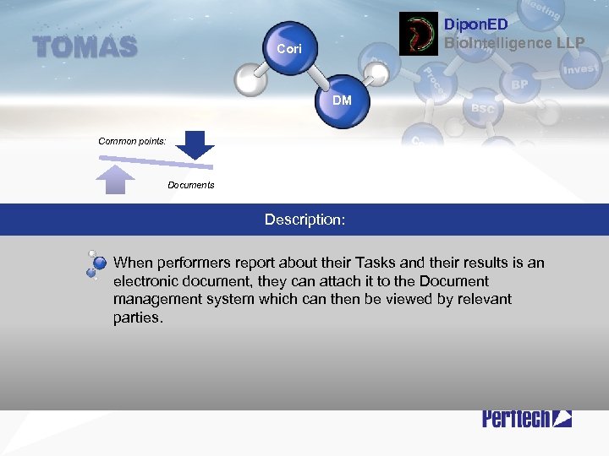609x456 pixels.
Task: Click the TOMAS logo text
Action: tap(85, 46)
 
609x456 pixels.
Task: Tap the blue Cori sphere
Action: tap(288, 48)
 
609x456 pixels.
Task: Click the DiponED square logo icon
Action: tap(419, 34)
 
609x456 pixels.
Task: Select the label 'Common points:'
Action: tap(132, 141)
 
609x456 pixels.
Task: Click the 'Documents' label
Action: tap(191, 185)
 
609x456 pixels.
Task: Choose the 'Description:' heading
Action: tap(304, 220)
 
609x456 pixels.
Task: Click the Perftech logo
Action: tap(527, 417)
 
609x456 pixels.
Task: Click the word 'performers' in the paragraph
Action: tap(191, 263)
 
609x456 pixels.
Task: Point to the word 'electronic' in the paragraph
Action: tap(147, 281)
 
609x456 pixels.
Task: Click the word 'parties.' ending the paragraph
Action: tap(137, 318)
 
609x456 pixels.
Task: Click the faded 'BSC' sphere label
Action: tap(483, 109)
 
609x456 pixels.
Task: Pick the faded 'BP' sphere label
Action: tap(520, 85)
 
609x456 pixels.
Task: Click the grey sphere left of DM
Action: tap(252, 81)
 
